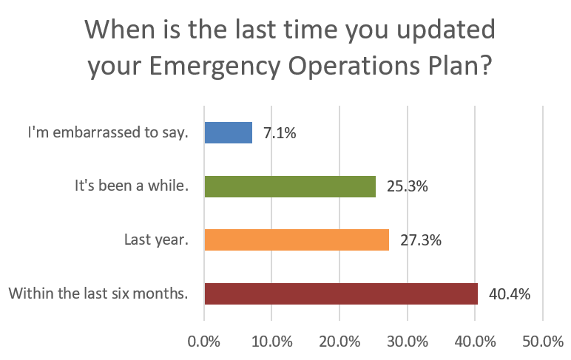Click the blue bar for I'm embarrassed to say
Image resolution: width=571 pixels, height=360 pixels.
point(229,132)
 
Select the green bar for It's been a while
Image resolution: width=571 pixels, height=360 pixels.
point(290,186)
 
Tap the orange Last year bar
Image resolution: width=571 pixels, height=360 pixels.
point(297,240)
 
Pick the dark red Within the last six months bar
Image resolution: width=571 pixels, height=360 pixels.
point(341,293)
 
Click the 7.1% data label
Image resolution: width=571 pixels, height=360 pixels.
point(280,133)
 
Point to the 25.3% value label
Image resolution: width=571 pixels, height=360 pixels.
point(407,186)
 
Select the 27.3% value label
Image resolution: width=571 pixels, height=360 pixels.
point(421,240)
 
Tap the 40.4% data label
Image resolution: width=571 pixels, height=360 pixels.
point(510,293)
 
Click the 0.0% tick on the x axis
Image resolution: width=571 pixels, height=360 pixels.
point(204,342)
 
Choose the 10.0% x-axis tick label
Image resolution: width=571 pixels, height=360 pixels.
point(272,342)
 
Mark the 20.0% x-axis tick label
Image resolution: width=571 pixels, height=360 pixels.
point(339,342)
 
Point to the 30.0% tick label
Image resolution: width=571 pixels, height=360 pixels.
point(408,342)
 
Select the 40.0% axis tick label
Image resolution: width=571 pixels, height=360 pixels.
point(476,342)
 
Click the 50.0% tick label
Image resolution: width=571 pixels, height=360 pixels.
point(543,342)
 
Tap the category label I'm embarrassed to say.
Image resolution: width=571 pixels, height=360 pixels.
point(108,132)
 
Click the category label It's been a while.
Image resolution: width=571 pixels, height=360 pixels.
point(132,186)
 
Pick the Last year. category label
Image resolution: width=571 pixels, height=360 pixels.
point(157,240)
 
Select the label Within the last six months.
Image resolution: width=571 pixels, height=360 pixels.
point(98,293)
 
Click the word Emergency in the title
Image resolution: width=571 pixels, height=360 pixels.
point(214,67)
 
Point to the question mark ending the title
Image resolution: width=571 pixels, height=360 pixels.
point(485,65)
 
